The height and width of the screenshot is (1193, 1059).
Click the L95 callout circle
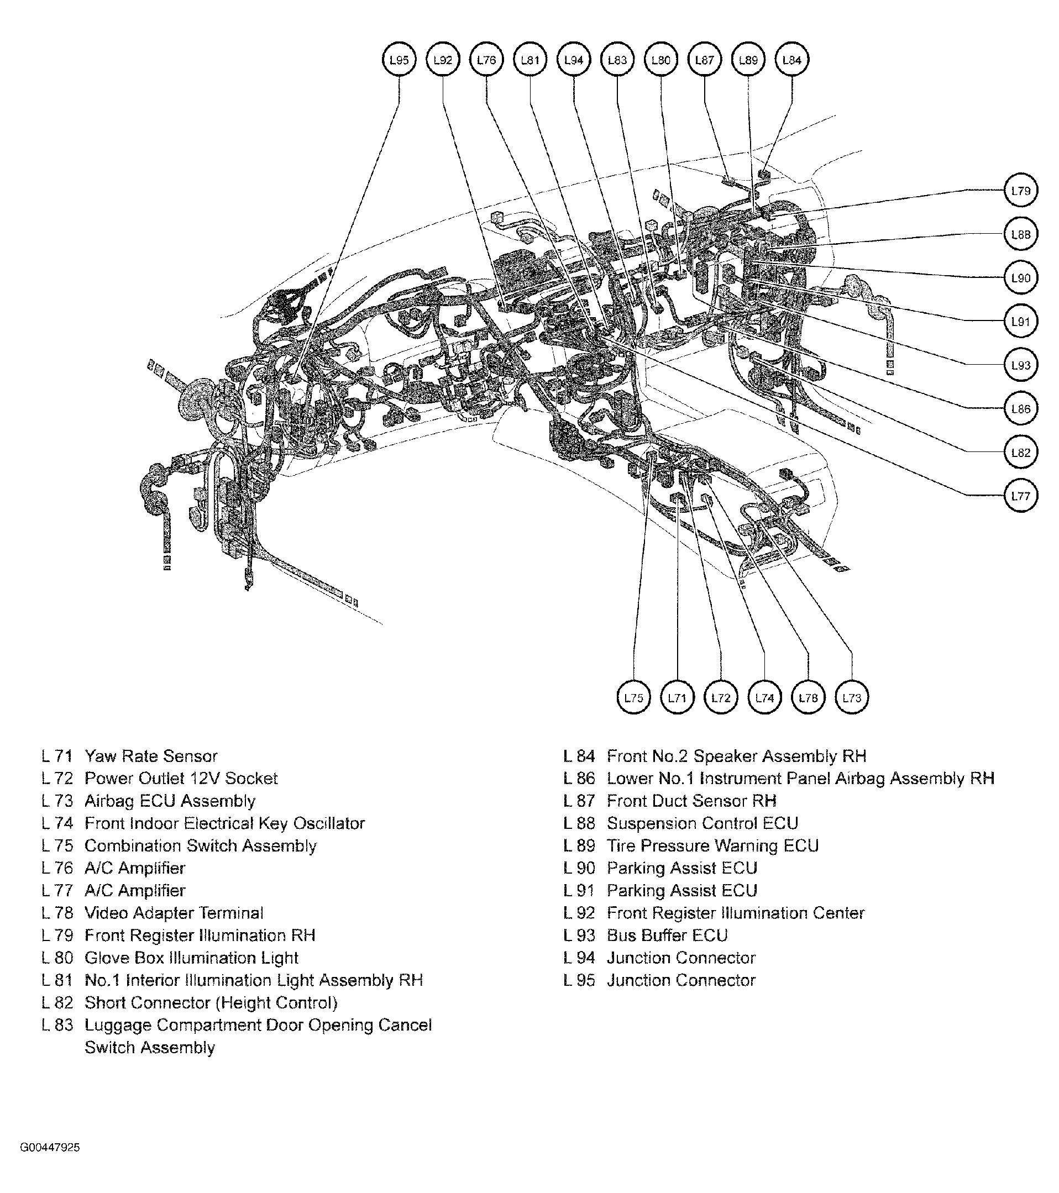coord(399,60)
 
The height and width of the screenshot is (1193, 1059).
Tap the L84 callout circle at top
coord(791,60)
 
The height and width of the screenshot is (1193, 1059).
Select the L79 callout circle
coord(1020,191)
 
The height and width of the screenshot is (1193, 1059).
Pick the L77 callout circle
coord(1020,496)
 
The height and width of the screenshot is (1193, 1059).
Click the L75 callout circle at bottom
coord(633,697)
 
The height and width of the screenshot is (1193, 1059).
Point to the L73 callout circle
coord(852,697)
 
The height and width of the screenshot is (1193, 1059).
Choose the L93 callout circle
coord(1020,365)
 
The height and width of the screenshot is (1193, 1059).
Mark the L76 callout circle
coord(486,60)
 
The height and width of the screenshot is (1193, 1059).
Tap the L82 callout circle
coord(1020,453)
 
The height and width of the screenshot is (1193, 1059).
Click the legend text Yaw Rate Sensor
coord(151,756)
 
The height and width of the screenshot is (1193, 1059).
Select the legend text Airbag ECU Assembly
coord(170,801)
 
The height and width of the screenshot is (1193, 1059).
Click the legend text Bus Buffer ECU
coord(667,936)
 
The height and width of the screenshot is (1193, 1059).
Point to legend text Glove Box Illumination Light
coord(191,958)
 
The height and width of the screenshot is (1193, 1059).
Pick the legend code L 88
coord(579,823)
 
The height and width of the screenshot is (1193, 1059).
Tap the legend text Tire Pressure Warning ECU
coord(713,846)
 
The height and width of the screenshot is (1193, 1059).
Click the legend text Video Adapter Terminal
coord(174,913)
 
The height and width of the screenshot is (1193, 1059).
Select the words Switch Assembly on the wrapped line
coord(149,1048)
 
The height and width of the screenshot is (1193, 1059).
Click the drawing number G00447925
coord(50,1148)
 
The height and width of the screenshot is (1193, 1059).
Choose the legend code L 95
coord(579,981)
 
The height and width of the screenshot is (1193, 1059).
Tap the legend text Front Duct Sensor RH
coord(691,801)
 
